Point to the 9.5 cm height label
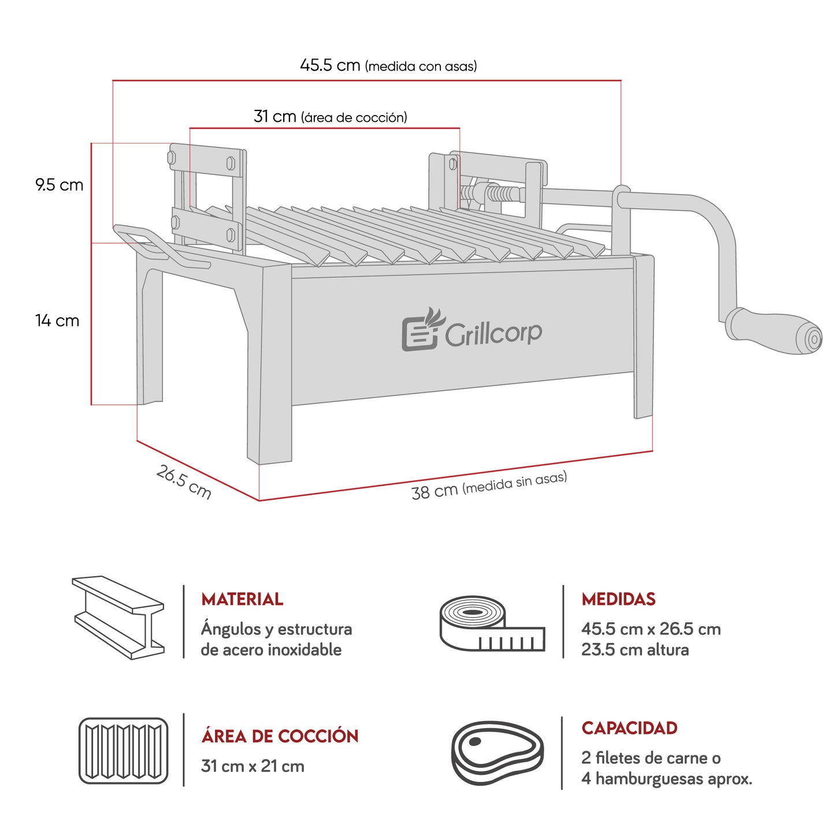click(x=60, y=185)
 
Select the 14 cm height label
click(x=57, y=320)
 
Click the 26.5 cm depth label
click(x=184, y=482)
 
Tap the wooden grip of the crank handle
click(x=774, y=331)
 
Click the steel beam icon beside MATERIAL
click(x=118, y=617)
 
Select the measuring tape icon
click(x=492, y=624)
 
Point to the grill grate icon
click(x=123, y=751)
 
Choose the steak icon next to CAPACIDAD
click(x=497, y=752)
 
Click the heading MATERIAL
click(x=242, y=599)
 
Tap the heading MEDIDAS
click(x=618, y=599)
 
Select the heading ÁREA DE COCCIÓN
click(x=280, y=736)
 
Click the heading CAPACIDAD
click(x=629, y=728)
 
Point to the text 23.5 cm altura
click(x=635, y=650)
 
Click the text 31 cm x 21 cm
click(x=253, y=766)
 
